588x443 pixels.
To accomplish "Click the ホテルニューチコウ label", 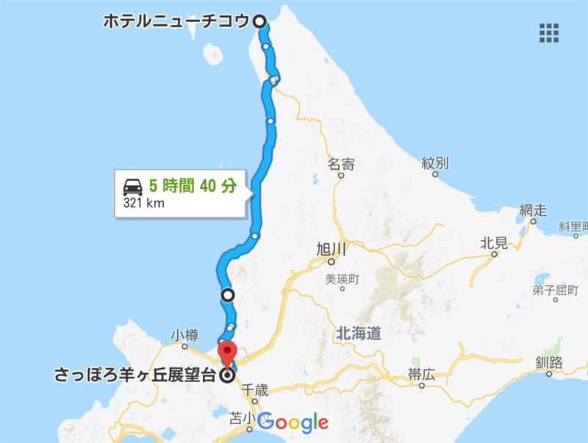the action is click(177, 21).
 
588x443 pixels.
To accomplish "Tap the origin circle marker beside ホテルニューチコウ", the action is click(259, 22).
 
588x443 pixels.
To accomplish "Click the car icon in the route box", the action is click(133, 186).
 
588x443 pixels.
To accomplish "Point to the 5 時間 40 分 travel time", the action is click(193, 186).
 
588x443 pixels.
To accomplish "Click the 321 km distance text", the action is click(144, 203).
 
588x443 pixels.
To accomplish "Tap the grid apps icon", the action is click(548, 32).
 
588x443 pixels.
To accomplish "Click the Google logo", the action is click(293, 422).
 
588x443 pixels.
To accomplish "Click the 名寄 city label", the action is click(341, 164).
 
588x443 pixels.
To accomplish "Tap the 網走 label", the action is click(532, 210).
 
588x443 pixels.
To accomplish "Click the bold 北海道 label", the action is click(358, 334).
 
